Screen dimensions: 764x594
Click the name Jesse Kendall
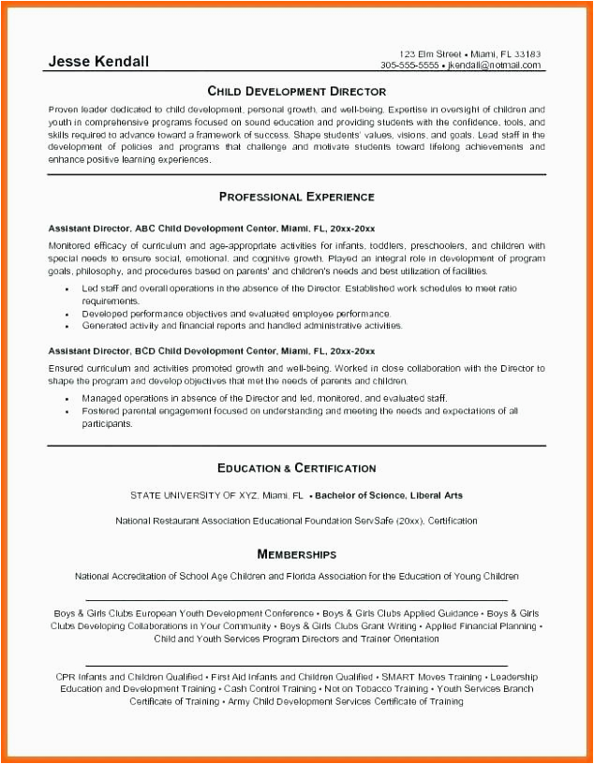pyautogui.click(x=98, y=62)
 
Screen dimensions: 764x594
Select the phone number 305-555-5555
pyautogui.click(x=409, y=66)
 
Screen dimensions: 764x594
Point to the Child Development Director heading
pyautogui.click(x=296, y=91)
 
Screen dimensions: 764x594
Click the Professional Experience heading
pyautogui.click(x=296, y=197)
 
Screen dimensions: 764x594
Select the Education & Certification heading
pyautogui.click(x=296, y=467)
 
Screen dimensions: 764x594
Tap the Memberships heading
pyautogui.click(x=296, y=554)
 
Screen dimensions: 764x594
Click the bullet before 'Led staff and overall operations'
pyautogui.click(x=67, y=289)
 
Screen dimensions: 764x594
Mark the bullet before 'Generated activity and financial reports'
pyautogui.click(x=67, y=326)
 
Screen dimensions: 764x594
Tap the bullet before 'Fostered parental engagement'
pyautogui.click(x=67, y=411)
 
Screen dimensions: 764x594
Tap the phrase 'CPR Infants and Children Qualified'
pyautogui.click(x=129, y=676)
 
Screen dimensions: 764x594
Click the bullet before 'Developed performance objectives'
pyautogui.click(x=67, y=314)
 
